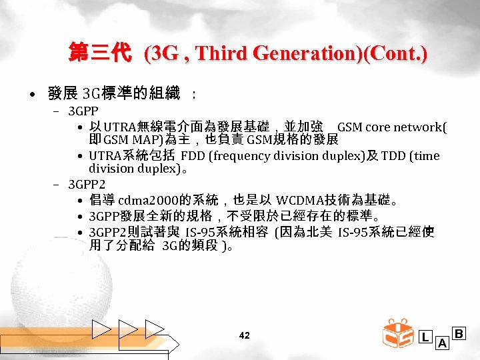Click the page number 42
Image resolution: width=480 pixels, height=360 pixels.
(x=244, y=335)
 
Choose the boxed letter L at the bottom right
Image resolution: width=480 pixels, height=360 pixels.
(x=425, y=337)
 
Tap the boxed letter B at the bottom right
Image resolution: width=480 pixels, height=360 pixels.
(x=459, y=333)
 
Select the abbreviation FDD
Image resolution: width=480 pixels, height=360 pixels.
(x=193, y=156)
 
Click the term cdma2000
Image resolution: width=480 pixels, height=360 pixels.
(x=143, y=200)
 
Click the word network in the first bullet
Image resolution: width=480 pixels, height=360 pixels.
(x=417, y=127)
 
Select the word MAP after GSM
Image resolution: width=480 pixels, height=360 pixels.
(x=143, y=140)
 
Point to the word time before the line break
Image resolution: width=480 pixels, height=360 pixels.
(x=427, y=156)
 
